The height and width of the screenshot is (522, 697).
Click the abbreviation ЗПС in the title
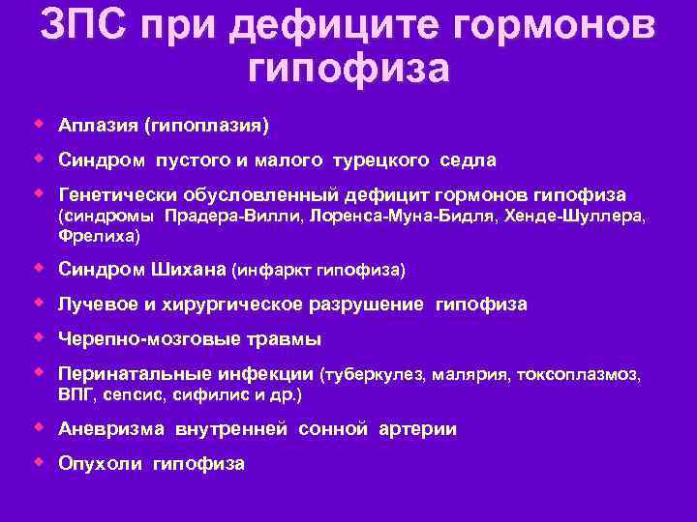pos(83,26)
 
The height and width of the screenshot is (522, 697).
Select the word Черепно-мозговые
pos(135,339)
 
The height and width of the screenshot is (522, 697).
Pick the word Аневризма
pos(112,429)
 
